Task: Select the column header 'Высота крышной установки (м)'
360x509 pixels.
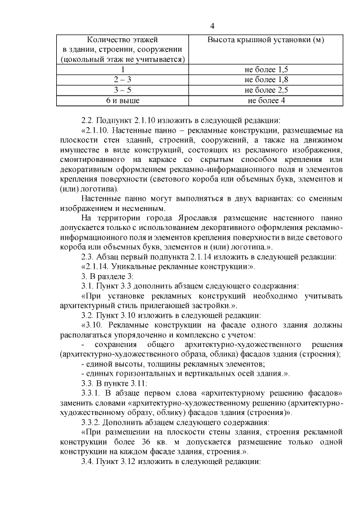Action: (265, 40)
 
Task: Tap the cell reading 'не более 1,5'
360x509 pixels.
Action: (266, 70)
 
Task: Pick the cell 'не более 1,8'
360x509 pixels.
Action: (266, 80)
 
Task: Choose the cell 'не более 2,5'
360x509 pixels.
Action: (266, 90)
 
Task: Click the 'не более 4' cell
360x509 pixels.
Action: (266, 100)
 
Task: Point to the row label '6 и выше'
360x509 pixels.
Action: (123, 100)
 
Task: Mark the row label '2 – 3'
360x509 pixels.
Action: (123, 80)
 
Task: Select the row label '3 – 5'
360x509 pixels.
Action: (123, 90)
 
